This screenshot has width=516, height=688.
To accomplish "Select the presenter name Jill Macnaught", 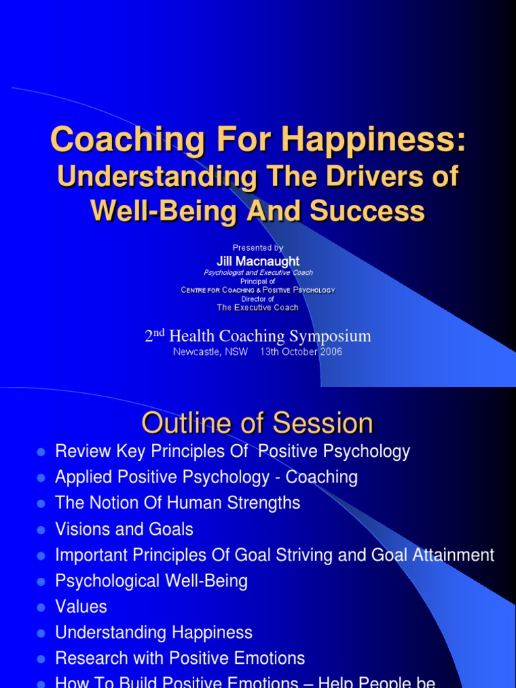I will pos(258,261).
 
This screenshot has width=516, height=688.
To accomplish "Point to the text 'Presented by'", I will pos(258,248).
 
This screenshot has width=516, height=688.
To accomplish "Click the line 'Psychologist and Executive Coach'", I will pos(258,272).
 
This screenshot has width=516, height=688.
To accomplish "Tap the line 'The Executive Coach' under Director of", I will pos(258,308).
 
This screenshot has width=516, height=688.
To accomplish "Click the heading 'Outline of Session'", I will pos(257,423).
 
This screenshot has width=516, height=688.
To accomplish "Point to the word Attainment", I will pos(454,555).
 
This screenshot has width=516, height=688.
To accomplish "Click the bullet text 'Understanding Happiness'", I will pos(154,633).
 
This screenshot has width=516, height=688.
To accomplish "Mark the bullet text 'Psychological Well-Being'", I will pos(151,581).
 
